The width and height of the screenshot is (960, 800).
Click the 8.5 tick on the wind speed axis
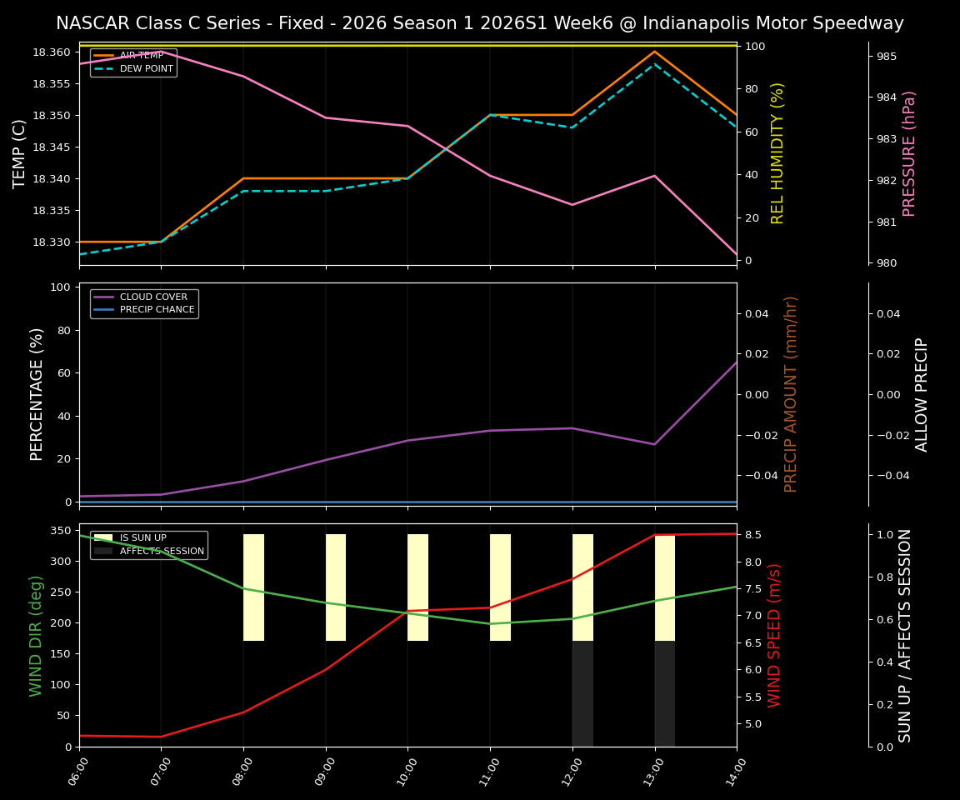[753, 535]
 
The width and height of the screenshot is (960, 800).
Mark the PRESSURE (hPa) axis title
[909, 153]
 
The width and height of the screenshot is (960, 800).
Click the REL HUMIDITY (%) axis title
[777, 153]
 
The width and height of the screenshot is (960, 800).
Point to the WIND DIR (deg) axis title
[36, 636]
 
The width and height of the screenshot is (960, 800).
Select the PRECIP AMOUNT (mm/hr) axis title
[791, 394]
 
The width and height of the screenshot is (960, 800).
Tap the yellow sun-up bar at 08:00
[253, 587]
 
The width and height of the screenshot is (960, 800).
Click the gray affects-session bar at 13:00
[665, 693]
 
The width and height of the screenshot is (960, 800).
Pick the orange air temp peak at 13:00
[654, 52]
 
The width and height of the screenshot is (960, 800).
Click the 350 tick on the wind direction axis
[60, 531]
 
